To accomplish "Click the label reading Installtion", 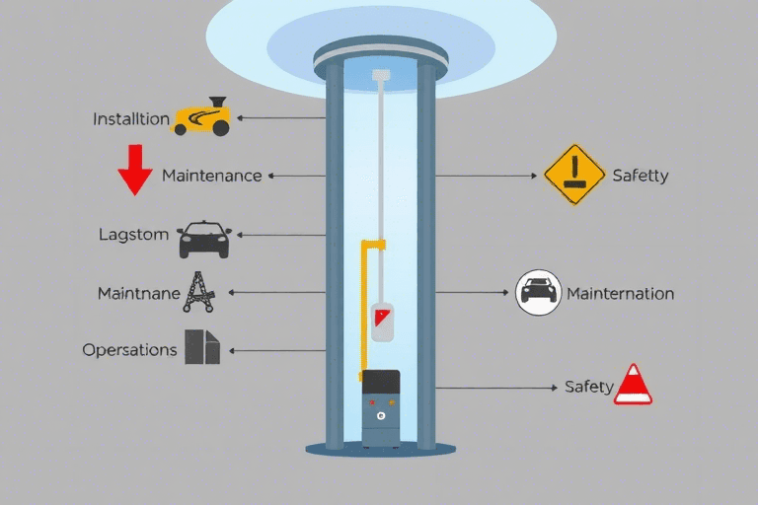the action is [x=131, y=119].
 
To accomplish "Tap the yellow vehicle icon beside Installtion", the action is [x=201, y=117].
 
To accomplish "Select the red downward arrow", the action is [x=135, y=170].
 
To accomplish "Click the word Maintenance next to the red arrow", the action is [x=212, y=176].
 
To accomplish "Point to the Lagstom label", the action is [x=133, y=235].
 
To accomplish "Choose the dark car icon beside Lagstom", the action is [x=204, y=240].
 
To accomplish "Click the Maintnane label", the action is [x=139, y=293].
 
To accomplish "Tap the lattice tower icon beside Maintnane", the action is [x=198, y=292].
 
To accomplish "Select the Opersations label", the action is [x=129, y=350].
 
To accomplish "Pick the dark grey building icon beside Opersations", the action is [x=202, y=347].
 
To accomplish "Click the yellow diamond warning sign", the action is [x=574, y=175].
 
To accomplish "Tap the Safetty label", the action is [x=641, y=176].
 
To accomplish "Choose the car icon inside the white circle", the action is [x=538, y=292].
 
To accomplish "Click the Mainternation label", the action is [x=620, y=293].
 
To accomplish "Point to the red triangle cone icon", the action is [x=633, y=385].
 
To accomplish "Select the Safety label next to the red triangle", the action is [x=589, y=387].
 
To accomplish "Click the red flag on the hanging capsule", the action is [x=381, y=318].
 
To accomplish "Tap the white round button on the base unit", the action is [x=381, y=415].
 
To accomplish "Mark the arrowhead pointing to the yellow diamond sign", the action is [x=534, y=176].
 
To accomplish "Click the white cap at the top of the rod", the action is [x=381, y=75].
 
